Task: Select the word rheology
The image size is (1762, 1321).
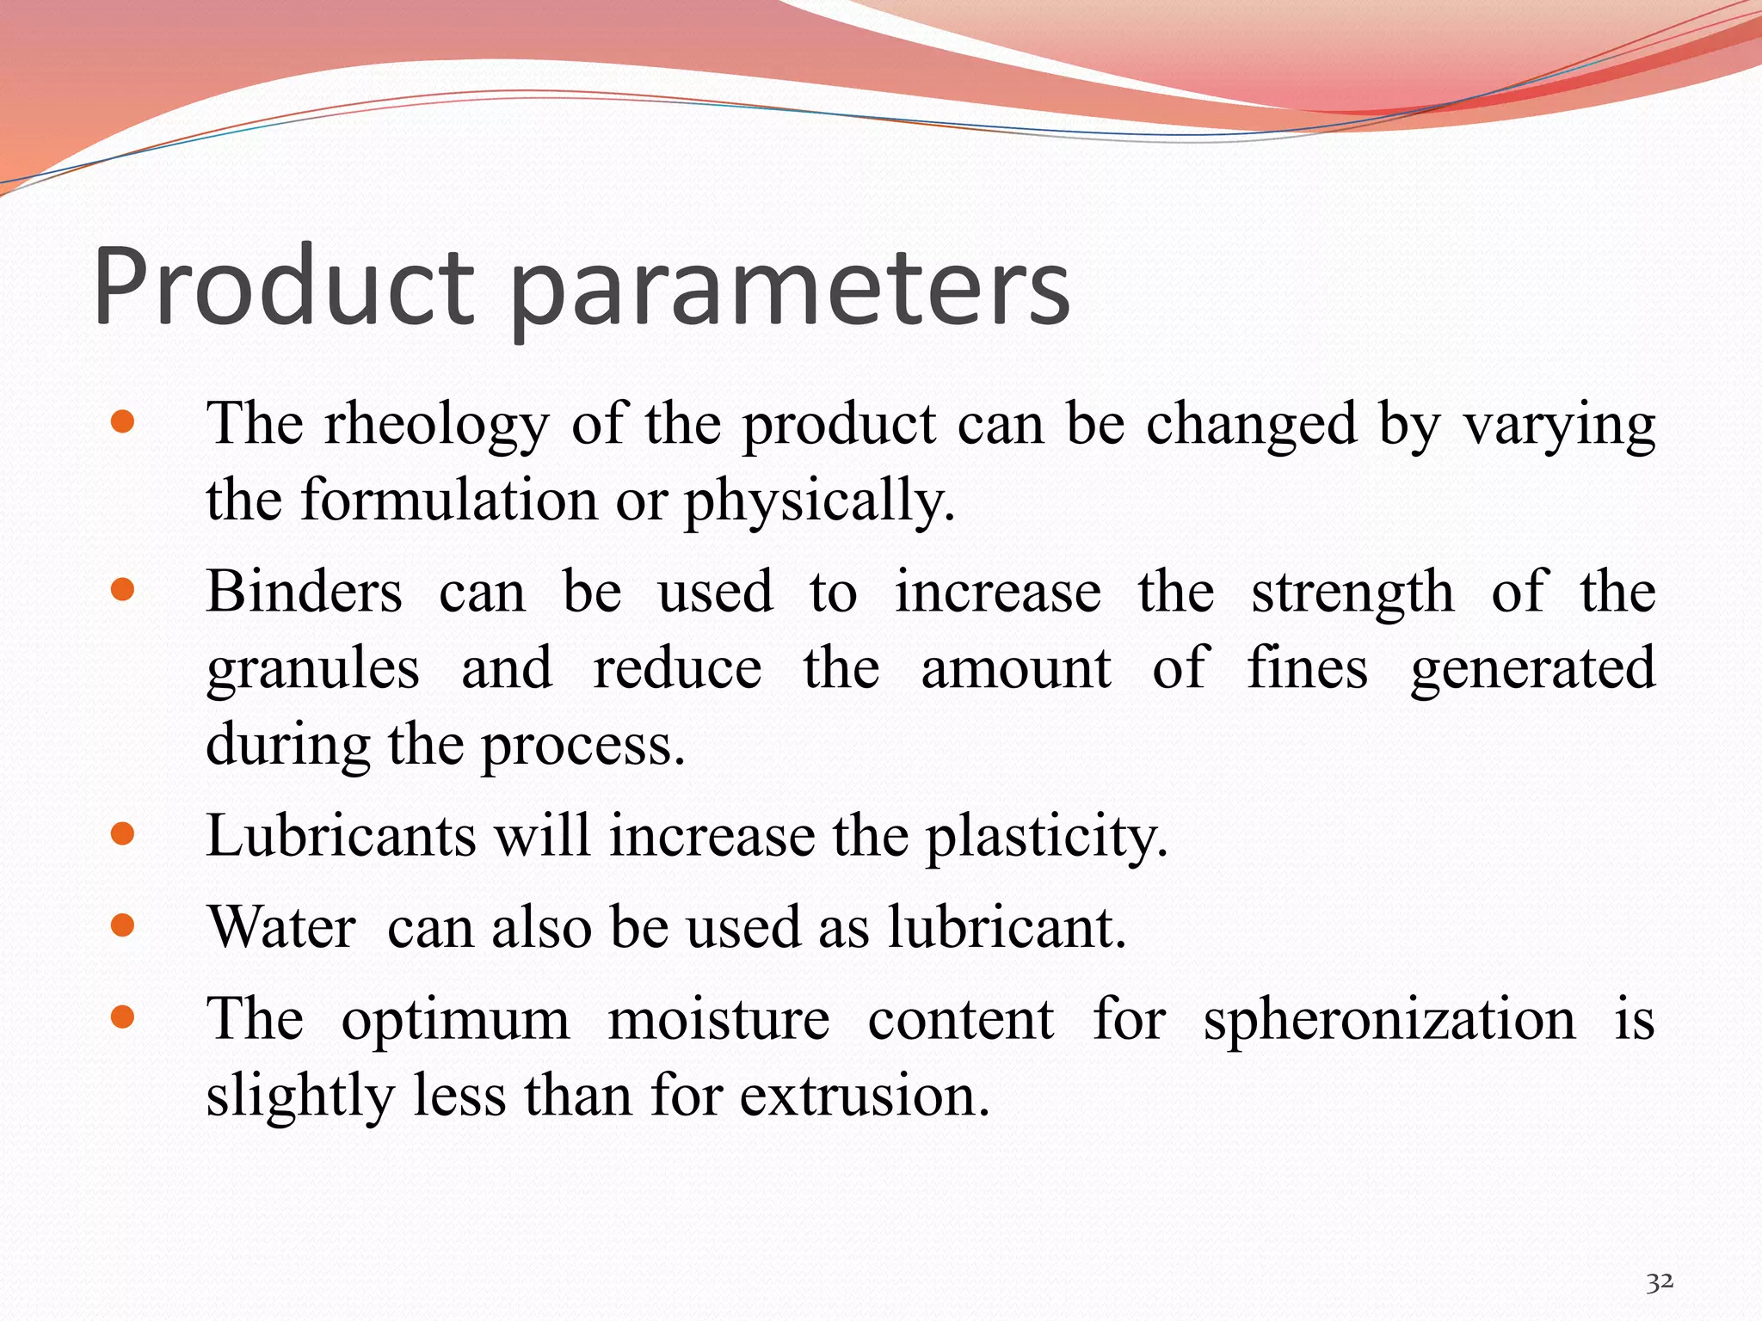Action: (x=436, y=426)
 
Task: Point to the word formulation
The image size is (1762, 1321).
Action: (x=448, y=500)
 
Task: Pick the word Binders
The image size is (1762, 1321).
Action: (x=305, y=592)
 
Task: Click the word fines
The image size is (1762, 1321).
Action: (x=1307, y=668)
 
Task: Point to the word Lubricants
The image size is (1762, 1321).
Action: (x=342, y=835)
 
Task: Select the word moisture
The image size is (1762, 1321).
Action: (x=718, y=1019)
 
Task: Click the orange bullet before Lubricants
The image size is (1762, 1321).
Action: (x=123, y=833)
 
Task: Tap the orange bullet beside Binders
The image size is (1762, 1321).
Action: (x=123, y=590)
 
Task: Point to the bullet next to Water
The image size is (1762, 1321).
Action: (x=123, y=925)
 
